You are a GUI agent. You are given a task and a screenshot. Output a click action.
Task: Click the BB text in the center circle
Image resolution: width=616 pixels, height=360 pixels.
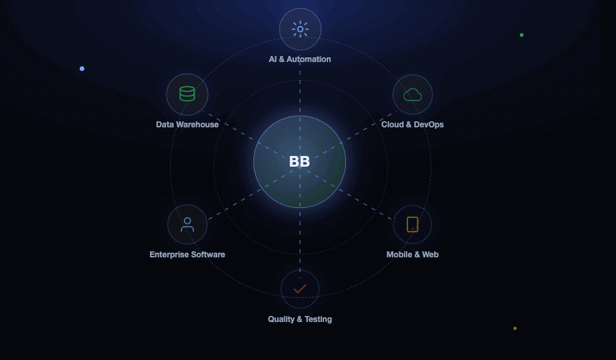click(299, 161)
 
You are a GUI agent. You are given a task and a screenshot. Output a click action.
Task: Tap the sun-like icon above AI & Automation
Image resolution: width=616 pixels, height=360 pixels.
click(300, 29)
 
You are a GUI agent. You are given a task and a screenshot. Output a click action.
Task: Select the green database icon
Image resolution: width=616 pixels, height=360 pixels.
click(187, 94)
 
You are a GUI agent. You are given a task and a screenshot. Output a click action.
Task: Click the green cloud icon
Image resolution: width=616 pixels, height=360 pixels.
click(413, 95)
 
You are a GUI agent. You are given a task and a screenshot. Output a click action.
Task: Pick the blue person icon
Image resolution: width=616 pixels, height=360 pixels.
click(187, 225)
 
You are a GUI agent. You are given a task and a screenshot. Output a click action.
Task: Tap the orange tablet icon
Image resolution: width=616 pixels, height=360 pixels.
click(413, 225)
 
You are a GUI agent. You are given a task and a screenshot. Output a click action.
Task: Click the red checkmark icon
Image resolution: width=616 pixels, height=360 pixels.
click(300, 289)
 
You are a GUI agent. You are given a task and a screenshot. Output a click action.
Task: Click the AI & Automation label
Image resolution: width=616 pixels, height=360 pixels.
click(300, 59)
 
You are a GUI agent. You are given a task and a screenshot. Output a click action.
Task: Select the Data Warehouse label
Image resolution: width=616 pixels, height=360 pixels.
click(187, 125)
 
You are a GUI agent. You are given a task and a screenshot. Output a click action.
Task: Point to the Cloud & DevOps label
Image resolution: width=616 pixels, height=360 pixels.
click(413, 125)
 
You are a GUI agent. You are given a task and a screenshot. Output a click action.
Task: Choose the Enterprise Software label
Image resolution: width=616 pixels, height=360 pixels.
click(187, 255)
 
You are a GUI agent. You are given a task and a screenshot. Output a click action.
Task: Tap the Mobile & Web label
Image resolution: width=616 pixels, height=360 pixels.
click(413, 255)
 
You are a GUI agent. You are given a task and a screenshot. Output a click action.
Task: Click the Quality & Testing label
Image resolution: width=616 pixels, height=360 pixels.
click(300, 319)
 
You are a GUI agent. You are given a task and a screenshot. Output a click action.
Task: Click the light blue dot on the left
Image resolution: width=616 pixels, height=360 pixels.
click(82, 69)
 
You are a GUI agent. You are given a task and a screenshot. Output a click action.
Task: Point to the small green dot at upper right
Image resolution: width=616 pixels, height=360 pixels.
click(522, 35)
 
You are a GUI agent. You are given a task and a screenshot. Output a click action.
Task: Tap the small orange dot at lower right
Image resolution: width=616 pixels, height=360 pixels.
click(515, 328)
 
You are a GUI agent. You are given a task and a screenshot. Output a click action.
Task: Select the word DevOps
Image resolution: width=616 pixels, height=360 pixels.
click(429, 125)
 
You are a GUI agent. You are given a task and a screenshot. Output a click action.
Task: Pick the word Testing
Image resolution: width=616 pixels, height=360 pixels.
click(318, 319)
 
